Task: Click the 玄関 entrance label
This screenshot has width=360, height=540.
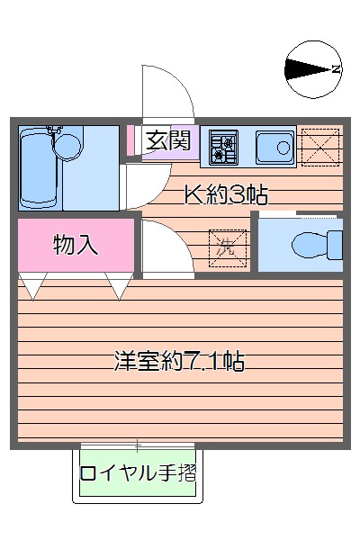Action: coord(167,140)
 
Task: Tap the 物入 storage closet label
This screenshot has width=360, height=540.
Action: coord(76,245)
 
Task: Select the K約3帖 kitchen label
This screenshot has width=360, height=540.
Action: coord(226,195)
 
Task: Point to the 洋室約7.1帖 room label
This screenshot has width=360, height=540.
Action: coord(179,361)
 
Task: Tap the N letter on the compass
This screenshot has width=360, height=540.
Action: coord(337,69)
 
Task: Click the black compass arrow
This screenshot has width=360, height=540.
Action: coord(308,69)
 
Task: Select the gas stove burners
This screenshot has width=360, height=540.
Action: coord(224,148)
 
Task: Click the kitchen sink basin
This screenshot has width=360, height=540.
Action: coord(274,148)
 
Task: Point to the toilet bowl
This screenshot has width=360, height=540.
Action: coord(310,245)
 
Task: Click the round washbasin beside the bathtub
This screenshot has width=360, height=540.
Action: coord(67,146)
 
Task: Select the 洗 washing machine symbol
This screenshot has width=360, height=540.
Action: coord(228,248)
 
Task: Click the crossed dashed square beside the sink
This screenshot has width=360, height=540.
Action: coord(320,148)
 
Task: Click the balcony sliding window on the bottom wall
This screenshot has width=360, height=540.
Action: coord(138,446)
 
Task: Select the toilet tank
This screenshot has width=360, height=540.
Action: coord(335,245)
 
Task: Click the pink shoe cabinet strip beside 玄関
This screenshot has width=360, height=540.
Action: coord(130,140)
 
